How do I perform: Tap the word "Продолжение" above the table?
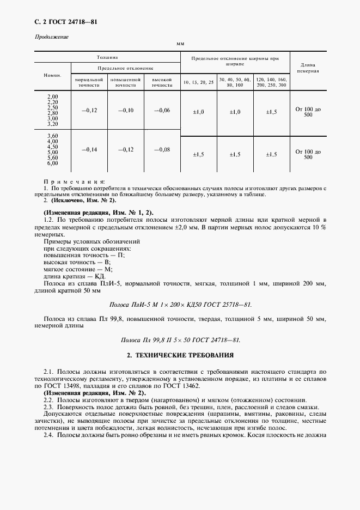(52, 37)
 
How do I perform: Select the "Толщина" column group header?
(107, 57)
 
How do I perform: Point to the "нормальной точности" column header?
(89, 82)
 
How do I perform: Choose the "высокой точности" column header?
(162, 82)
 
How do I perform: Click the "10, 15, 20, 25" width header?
(198, 82)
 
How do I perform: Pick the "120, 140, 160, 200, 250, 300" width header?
(271, 82)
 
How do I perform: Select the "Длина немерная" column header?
(308, 68)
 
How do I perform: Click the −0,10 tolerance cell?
(125, 111)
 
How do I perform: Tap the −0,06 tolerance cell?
(162, 111)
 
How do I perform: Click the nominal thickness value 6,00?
(53, 163)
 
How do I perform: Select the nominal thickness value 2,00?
(53, 96)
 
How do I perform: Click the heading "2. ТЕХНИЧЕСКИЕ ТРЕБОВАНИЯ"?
(180, 355)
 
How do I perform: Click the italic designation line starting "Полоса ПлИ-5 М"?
(181, 305)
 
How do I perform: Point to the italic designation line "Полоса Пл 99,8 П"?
(181, 339)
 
